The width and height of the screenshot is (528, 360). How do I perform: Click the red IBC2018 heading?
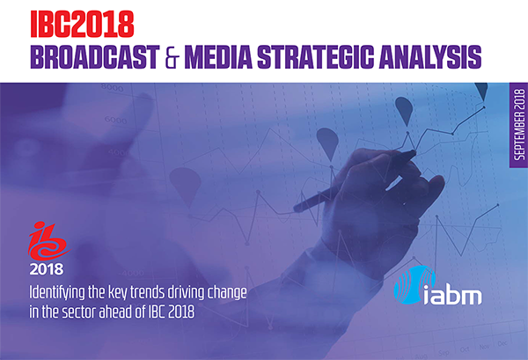click(82, 24)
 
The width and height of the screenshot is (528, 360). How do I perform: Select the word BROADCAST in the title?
click(95, 57)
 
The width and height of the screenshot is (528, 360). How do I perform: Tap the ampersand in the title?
click(172, 57)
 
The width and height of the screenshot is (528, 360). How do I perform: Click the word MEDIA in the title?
click(218, 57)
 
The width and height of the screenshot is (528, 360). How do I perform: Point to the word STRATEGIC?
click(316, 57)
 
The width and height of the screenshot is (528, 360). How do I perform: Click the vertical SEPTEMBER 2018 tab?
click(519, 125)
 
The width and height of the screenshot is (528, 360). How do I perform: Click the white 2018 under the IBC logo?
click(47, 269)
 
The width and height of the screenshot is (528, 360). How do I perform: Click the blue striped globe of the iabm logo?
click(414, 284)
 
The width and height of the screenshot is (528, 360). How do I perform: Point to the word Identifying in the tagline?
click(57, 293)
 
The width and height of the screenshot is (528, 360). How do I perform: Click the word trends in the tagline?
click(147, 292)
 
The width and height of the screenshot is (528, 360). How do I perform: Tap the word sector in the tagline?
click(79, 312)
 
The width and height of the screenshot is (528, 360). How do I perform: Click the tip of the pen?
click(414, 153)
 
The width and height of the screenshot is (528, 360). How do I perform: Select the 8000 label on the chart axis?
click(113, 87)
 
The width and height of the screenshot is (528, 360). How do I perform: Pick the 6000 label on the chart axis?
click(115, 120)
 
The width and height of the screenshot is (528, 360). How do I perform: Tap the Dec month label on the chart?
click(502, 344)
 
